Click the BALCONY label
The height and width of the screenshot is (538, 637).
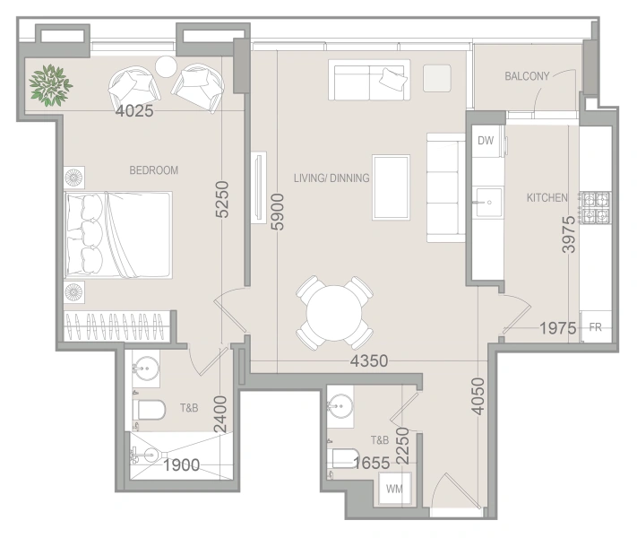[527, 76]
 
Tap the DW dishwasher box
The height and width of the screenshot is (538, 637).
[486, 141]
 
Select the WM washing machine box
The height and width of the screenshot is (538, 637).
[393, 490]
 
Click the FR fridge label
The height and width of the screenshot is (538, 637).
[595, 327]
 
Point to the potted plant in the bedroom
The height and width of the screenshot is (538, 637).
[50, 85]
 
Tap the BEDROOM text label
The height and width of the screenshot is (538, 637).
[154, 170]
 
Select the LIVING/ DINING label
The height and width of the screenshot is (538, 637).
[331, 178]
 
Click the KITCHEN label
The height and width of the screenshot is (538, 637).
[547, 197]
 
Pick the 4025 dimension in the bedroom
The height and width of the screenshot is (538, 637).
[136, 112]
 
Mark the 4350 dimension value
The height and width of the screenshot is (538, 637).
[368, 361]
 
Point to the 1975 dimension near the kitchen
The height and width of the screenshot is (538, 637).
[557, 328]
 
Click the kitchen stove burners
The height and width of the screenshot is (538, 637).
[596, 208]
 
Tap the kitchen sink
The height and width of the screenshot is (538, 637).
[487, 203]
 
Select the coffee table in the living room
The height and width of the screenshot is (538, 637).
[392, 187]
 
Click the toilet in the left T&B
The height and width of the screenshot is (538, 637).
[150, 411]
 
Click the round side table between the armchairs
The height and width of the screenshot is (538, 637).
[167, 66]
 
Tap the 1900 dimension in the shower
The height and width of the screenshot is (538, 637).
[183, 464]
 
